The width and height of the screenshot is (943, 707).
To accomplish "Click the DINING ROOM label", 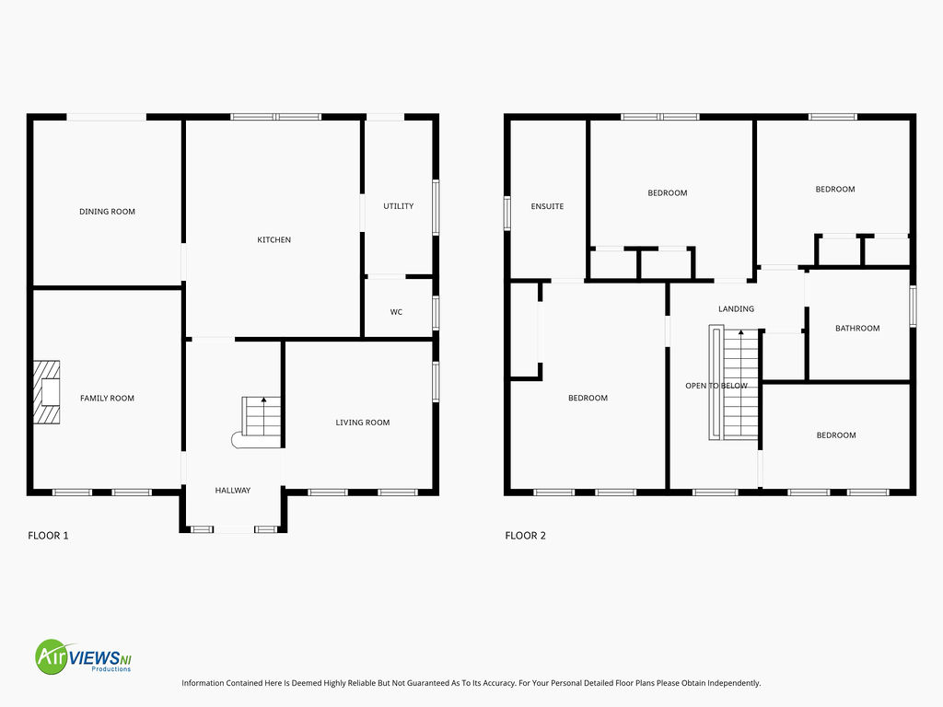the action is click(x=107, y=212).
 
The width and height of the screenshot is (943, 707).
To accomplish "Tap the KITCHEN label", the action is click(x=274, y=240).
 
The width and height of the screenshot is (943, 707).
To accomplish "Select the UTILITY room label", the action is click(x=399, y=206).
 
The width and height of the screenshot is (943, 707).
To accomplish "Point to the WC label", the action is click(x=396, y=312).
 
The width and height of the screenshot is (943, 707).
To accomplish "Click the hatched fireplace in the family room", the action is click(x=46, y=392).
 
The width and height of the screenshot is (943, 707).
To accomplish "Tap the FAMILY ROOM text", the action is click(x=107, y=398).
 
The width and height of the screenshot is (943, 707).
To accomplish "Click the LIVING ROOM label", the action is click(x=363, y=423).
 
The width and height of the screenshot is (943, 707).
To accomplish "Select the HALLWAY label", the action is click(x=233, y=491).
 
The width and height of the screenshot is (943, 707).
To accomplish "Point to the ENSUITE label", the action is click(x=547, y=206).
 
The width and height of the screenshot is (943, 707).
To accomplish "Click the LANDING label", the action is click(x=736, y=309).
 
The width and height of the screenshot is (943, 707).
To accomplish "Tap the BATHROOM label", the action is click(x=857, y=329).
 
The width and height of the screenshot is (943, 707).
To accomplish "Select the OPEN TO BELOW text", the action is click(x=716, y=386).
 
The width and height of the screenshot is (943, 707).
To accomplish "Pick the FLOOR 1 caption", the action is click(x=48, y=536).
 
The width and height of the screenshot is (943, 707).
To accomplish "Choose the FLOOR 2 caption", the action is click(x=526, y=536).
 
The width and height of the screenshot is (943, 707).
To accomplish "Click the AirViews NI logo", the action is click(x=84, y=656).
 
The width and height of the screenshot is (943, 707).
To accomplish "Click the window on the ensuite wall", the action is click(x=507, y=214).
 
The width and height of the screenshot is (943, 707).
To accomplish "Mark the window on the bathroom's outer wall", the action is click(x=913, y=306).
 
